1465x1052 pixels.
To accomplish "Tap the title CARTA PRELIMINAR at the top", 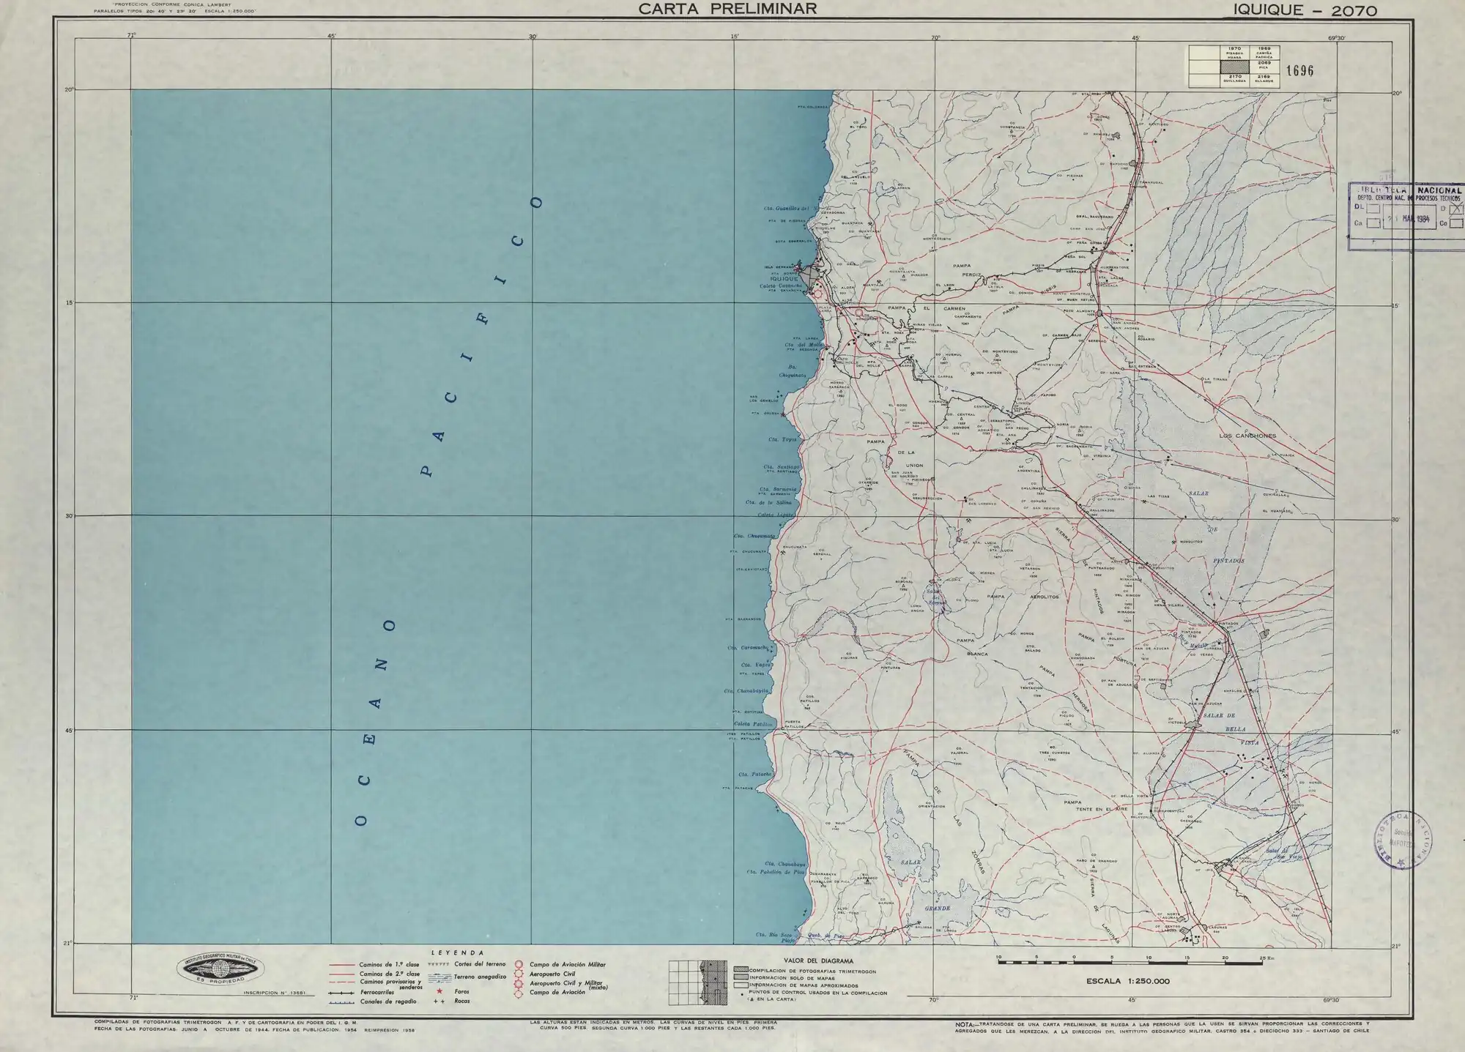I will pyautogui.click(x=727, y=10).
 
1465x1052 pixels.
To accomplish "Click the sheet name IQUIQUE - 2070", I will pyautogui.click(x=1305, y=10).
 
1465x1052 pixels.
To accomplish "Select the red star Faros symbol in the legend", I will pyautogui.click(x=439, y=991).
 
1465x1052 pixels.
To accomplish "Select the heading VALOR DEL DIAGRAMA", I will pyautogui.click(x=818, y=960).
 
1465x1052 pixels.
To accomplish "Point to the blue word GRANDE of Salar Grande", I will pyautogui.click(x=937, y=908).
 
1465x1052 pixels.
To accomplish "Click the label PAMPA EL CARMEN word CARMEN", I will pyautogui.click(x=954, y=309).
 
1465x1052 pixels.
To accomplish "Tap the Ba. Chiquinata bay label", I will pyautogui.click(x=795, y=370).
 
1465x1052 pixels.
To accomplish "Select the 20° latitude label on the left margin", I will pyautogui.click(x=69, y=90).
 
